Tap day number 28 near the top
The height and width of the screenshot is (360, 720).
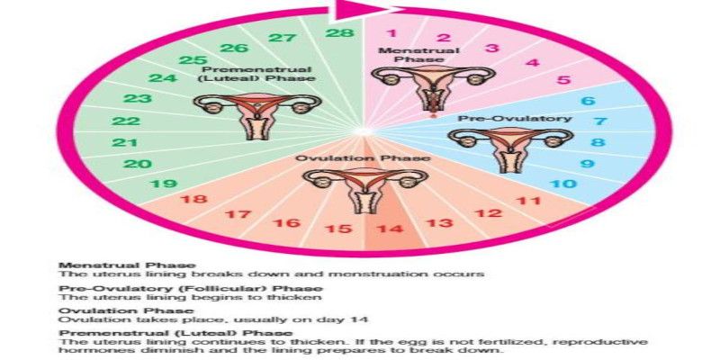coord(339,34)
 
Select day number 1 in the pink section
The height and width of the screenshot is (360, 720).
coord(391,33)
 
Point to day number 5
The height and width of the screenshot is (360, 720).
coord(563,80)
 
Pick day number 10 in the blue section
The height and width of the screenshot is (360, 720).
coord(563,184)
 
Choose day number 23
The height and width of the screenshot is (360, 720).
coord(137,98)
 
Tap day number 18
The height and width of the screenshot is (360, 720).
coord(193,200)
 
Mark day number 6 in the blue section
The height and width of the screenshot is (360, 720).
coord(587,101)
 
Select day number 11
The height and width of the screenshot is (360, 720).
coord(529,202)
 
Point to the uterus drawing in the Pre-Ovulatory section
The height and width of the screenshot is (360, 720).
coord(508,145)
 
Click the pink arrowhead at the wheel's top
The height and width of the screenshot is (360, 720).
coord(352,10)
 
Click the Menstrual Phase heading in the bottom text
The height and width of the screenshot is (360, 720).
coord(104,265)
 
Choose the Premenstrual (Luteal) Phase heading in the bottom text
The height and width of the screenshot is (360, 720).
coord(153,333)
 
